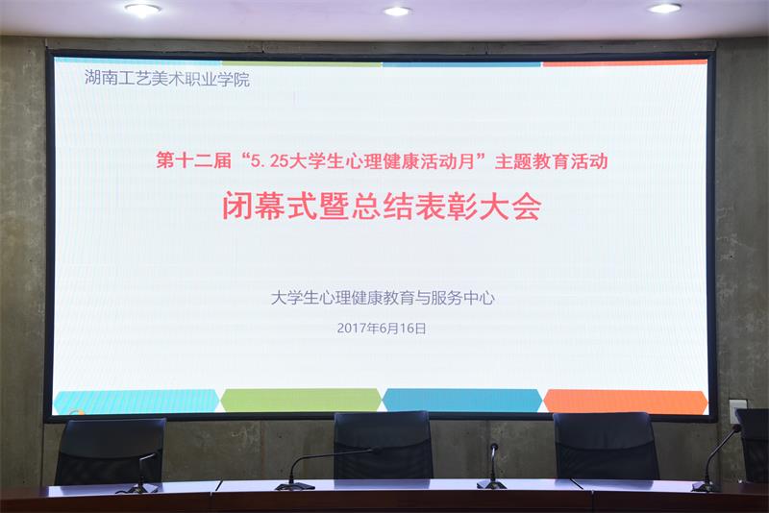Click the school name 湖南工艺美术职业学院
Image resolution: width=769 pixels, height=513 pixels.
click(x=166, y=80)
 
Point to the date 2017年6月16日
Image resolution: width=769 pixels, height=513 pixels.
click(x=382, y=328)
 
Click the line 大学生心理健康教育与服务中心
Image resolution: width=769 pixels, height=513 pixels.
click(x=383, y=298)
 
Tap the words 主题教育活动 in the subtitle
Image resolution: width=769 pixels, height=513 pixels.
click(x=552, y=162)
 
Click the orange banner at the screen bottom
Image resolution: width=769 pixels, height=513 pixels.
click(x=625, y=401)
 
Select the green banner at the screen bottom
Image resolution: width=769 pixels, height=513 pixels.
click(x=301, y=401)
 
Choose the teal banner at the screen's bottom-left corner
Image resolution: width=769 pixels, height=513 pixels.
click(x=136, y=402)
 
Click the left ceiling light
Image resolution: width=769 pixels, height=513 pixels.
click(x=142, y=10)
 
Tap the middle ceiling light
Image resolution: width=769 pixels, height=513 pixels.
click(x=397, y=11)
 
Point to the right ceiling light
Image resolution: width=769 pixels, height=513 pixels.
click(x=664, y=8)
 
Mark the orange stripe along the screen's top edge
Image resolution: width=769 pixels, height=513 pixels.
click(x=625, y=63)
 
